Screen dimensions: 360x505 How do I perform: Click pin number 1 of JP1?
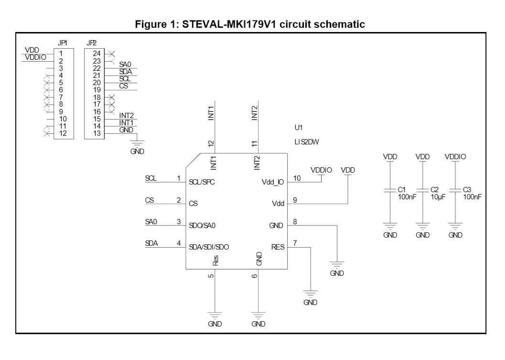(x=61, y=53)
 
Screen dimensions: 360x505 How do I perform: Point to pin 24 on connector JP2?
(x=97, y=53)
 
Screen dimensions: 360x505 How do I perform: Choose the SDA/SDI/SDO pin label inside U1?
(x=209, y=247)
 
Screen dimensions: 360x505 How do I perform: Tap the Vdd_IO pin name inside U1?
(x=273, y=182)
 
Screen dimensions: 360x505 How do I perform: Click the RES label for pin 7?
(x=277, y=247)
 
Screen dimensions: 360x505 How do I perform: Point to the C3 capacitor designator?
(x=467, y=189)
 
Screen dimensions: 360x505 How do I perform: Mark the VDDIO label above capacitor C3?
(x=455, y=156)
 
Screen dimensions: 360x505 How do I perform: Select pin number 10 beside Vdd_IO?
(x=297, y=178)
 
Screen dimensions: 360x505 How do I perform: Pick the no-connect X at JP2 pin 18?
(x=111, y=97)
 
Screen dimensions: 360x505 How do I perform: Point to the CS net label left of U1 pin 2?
(x=149, y=200)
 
